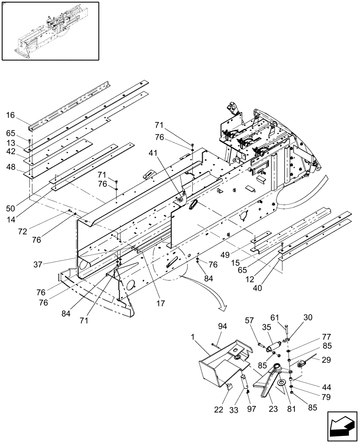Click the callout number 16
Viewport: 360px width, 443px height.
11,115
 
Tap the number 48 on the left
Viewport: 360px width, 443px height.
11,168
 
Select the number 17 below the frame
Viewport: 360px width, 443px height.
160,304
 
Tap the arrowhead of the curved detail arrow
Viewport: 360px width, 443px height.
223,307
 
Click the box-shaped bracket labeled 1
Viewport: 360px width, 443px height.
219,365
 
